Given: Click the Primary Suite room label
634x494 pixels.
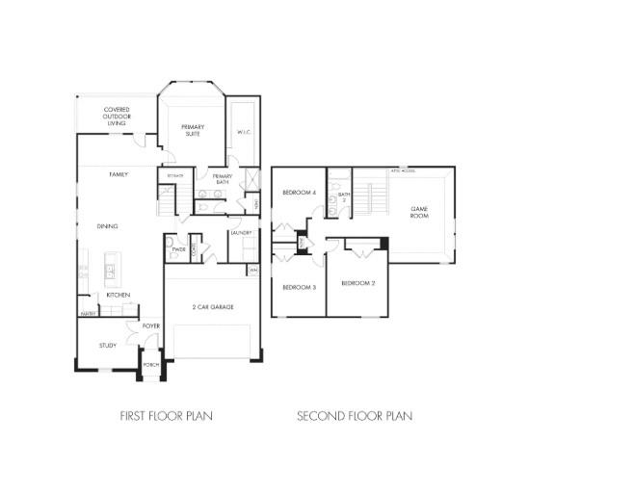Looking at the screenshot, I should point(194,130).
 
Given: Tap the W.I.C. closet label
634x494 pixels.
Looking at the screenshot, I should point(244,132).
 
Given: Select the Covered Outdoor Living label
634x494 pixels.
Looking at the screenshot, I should point(118,117).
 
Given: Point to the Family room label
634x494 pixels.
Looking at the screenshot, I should point(118,174).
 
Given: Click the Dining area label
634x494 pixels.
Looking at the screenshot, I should point(108,226).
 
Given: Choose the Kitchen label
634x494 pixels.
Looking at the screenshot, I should point(119,295).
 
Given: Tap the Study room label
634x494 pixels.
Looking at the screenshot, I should point(108,345).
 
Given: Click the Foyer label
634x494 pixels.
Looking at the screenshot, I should point(151,326).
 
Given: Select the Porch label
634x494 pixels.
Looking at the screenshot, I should point(151,365).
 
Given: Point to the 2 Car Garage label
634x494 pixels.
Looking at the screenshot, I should point(213,307).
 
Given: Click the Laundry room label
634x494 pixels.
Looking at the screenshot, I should point(241,233).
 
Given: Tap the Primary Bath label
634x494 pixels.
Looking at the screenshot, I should point(223,178).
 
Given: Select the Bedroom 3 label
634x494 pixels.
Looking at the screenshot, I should point(298,287).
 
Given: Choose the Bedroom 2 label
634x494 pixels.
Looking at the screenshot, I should point(357,284).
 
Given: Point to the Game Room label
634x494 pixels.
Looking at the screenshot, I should point(419,212).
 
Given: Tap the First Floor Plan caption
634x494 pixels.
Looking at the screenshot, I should point(166,416).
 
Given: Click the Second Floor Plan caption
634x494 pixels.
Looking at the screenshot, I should point(355,416).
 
